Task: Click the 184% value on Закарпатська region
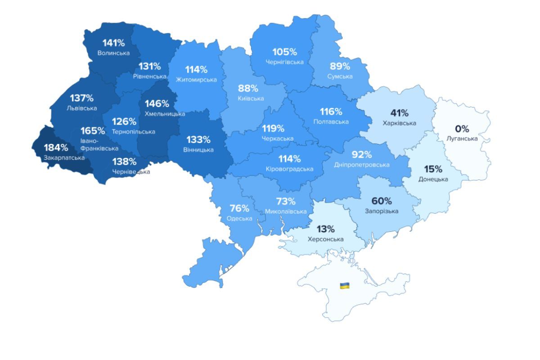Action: click(56, 148)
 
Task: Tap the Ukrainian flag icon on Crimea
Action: click(345, 285)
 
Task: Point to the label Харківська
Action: click(399, 123)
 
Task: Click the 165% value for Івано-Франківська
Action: click(93, 131)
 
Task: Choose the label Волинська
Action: click(113, 53)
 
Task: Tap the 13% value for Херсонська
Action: click(325, 229)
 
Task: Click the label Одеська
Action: click(239, 218)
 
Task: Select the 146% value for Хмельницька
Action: click(157, 104)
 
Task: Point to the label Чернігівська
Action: click(284, 62)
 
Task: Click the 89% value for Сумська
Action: click(340, 66)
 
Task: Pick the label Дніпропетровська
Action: click(362, 165)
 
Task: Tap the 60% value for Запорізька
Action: click(381, 201)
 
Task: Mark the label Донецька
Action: click(433, 179)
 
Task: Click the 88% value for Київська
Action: click(248, 89)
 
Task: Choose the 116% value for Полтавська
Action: click(331, 112)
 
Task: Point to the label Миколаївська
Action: click(286, 211)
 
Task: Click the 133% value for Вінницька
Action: click(198, 140)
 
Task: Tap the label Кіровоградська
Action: click(289, 169)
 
